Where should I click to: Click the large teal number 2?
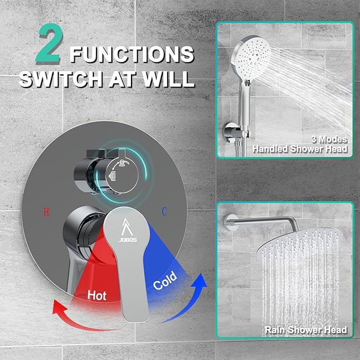click(x=50, y=43)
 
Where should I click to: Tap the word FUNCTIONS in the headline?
click(x=132, y=54)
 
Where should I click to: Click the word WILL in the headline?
click(x=169, y=78)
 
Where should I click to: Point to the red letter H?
click(x=47, y=212)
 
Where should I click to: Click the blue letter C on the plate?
click(x=164, y=212)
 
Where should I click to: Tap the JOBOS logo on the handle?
click(x=128, y=230)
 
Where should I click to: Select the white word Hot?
click(x=96, y=295)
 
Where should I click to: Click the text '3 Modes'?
click(x=329, y=139)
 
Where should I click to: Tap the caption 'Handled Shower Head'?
click(x=300, y=149)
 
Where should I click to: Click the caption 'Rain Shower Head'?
click(x=305, y=330)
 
